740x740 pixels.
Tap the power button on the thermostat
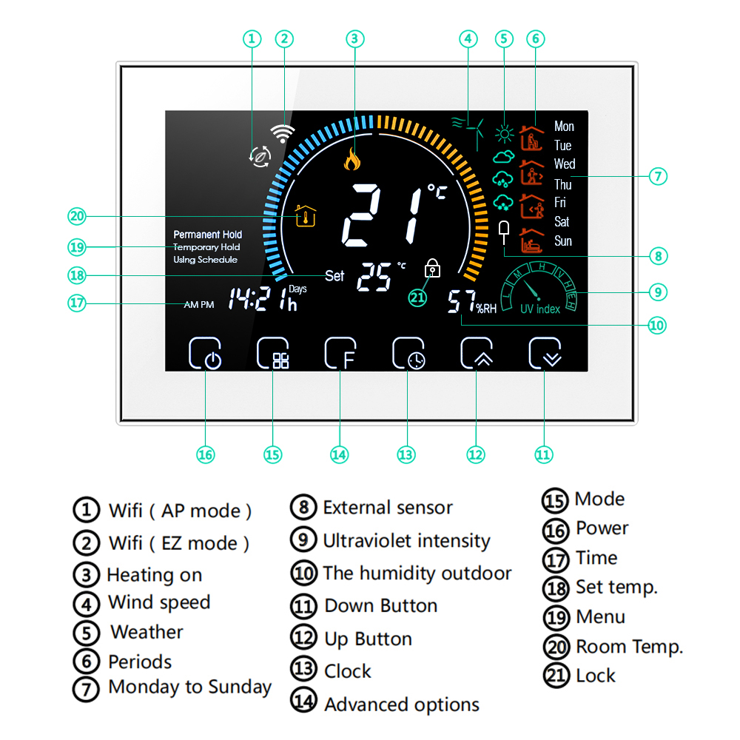pyautogui.click(x=205, y=354)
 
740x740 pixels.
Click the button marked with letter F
pyautogui.click(x=340, y=354)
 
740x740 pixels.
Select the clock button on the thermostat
pyautogui.click(x=408, y=354)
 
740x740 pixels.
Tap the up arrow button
pyautogui.click(x=477, y=354)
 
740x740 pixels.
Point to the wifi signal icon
pyautogui.click(x=282, y=133)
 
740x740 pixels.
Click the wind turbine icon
pyautogui.click(x=469, y=132)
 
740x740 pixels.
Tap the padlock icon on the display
pyautogui.click(x=432, y=269)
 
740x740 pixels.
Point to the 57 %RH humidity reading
pyautogui.click(x=471, y=303)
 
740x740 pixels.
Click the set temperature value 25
pyautogui.click(x=374, y=277)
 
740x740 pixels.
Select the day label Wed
pyautogui.click(x=564, y=164)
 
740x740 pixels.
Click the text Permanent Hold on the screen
pyautogui.click(x=207, y=235)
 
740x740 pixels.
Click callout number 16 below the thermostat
pyautogui.click(x=206, y=454)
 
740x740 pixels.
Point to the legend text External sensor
pyautogui.click(x=387, y=508)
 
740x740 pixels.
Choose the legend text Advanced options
pyautogui.click(x=401, y=704)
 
